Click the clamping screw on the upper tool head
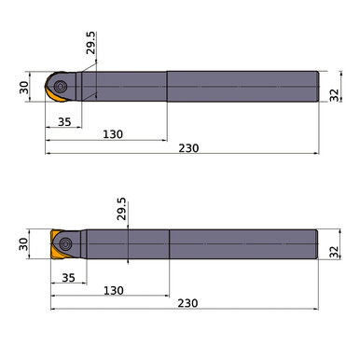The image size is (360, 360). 59,85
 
